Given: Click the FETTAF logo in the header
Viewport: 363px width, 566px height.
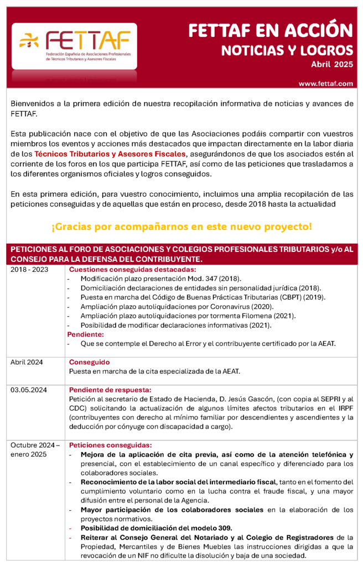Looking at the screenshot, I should (x=74, y=46).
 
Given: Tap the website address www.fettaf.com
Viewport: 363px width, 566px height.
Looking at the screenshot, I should (x=325, y=83).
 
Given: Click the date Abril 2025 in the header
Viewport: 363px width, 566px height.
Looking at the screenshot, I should (x=331, y=65).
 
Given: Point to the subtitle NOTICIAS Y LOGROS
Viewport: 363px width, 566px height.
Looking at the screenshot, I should (x=287, y=50).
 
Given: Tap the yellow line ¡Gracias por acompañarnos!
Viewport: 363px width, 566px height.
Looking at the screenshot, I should (x=181, y=227).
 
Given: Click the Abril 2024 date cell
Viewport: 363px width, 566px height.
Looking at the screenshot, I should (x=27, y=362).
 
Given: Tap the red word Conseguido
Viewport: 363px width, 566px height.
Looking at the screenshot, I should (x=89, y=362).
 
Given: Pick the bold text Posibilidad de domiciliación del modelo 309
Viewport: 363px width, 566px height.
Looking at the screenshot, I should (x=156, y=527).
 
